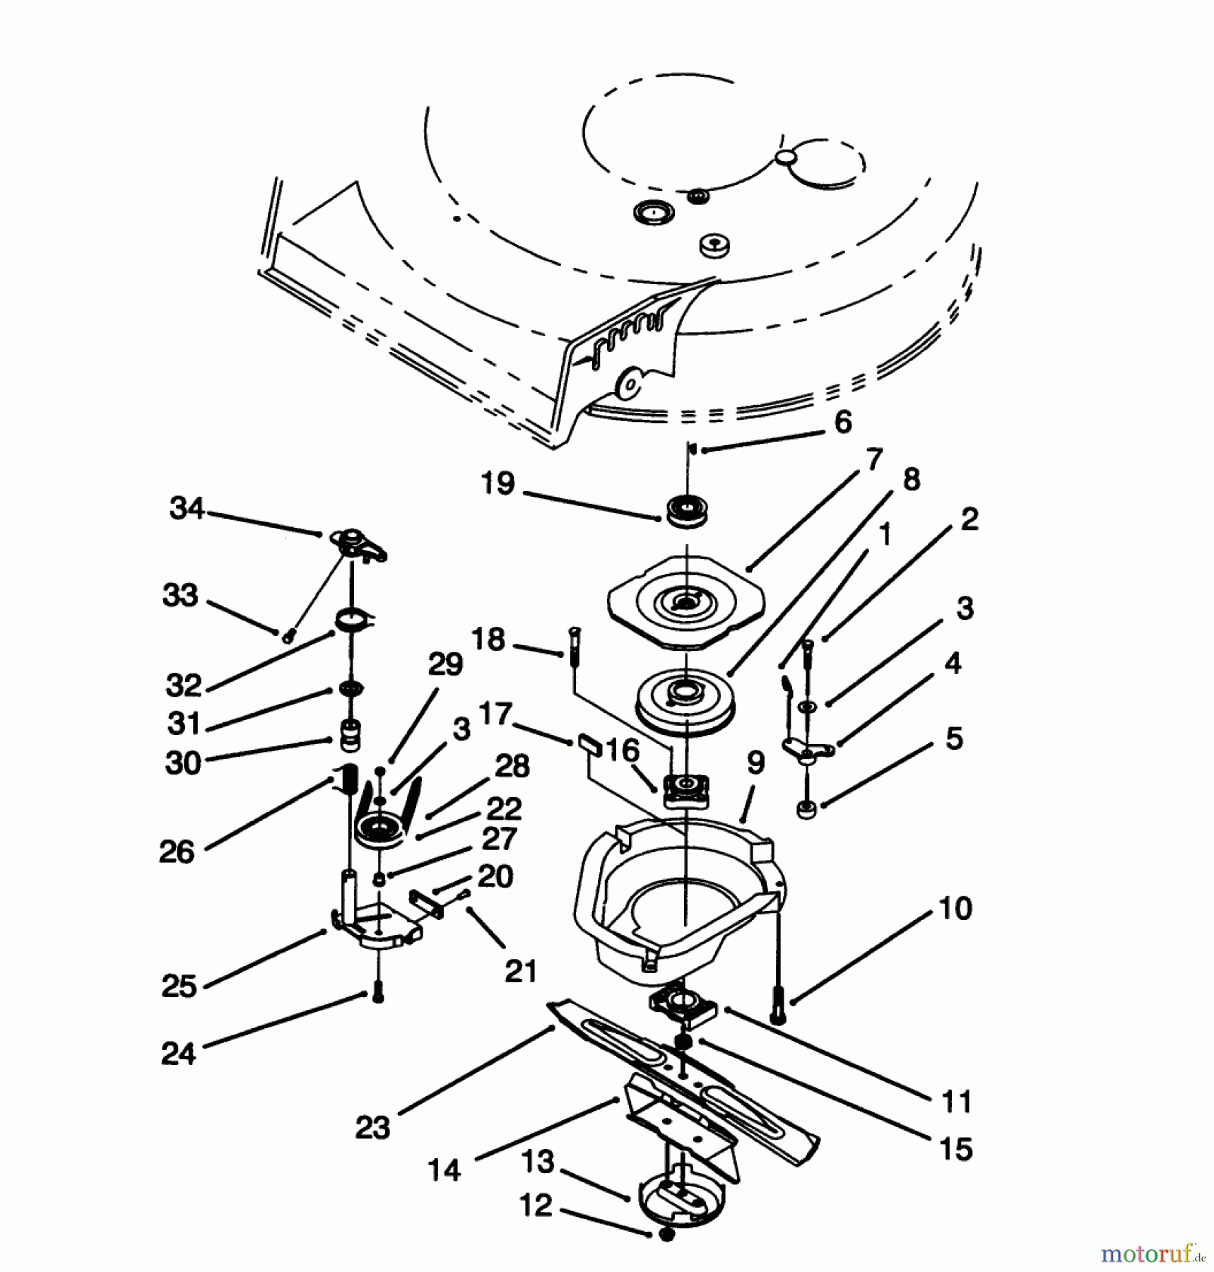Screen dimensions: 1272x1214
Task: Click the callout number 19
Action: click(x=497, y=483)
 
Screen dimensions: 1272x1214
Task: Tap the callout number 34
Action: click(x=187, y=508)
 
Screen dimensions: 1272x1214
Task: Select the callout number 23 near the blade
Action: click(x=372, y=1127)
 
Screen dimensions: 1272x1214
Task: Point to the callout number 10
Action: click(x=955, y=907)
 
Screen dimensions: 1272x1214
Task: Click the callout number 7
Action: click(x=874, y=459)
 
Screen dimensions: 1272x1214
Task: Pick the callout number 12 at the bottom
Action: click(x=536, y=1206)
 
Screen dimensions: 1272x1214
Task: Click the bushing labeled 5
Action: click(x=805, y=808)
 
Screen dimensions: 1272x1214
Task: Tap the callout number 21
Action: click(x=521, y=971)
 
